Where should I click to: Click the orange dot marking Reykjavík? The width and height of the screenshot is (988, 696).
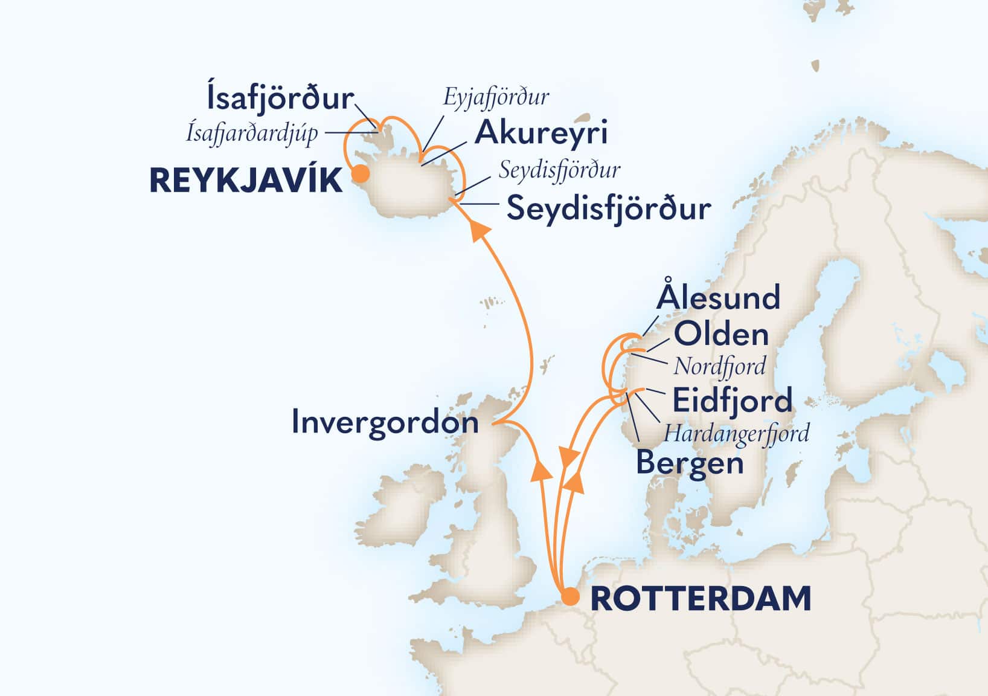tap(361, 174)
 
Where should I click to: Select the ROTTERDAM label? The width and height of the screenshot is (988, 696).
tap(701, 598)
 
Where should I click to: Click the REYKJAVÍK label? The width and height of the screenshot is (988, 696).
tap(246, 180)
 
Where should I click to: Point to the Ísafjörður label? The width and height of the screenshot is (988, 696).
tap(280, 98)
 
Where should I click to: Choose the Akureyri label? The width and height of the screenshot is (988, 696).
tap(541, 133)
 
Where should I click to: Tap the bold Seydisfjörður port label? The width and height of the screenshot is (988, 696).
tap(609, 209)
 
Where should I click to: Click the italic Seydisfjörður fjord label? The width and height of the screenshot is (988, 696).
tap(559, 171)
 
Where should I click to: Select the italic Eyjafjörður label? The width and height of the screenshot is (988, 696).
tap(496, 97)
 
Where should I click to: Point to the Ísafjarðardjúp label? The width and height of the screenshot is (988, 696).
tap(252, 133)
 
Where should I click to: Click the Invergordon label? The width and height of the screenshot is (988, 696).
tap(385, 422)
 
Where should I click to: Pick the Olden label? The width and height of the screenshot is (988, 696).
tap(721, 334)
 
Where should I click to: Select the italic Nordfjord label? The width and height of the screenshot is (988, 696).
tap(720, 366)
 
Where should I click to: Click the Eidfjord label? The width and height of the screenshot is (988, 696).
tap(732, 401)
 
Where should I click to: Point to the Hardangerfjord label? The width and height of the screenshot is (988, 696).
tap(737, 433)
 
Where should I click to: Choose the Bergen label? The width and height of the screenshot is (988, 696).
tap(690, 463)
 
